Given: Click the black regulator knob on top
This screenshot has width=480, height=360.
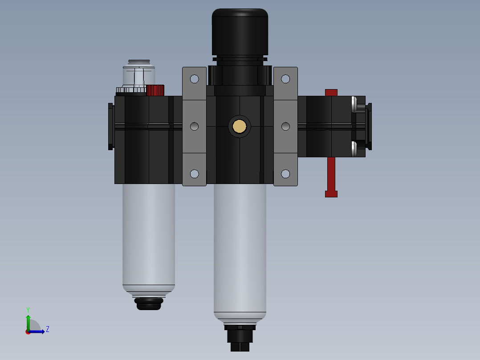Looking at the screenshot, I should point(240,32).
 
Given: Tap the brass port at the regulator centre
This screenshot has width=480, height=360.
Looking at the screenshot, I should point(240,127).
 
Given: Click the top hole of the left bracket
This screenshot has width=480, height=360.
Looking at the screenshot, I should point(194,79).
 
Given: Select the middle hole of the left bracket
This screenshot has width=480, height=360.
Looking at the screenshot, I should point(194,127).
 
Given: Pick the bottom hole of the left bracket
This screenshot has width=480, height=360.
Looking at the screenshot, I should point(194,174).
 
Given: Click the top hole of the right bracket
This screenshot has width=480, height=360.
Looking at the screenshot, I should point(285,79).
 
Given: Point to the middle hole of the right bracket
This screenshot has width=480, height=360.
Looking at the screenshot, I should point(285,127).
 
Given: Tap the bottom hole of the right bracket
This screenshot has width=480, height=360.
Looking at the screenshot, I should point(285,174).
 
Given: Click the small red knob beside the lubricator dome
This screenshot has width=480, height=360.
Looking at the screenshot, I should point(155,90).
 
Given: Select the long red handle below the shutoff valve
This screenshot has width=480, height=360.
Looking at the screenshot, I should point(331,176).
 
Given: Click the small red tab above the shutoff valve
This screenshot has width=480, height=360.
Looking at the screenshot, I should point(331,92).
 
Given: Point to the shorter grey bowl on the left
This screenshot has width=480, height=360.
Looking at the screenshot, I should point(149,236).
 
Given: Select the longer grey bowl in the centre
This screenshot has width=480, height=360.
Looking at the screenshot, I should point(240,250).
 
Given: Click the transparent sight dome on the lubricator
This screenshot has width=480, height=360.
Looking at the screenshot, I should point(139,76).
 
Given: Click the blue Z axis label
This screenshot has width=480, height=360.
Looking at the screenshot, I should point(48,329).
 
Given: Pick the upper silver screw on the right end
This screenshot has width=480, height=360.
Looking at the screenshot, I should point(354,104).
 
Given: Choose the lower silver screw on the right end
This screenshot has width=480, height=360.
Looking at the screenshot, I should point(354,149).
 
